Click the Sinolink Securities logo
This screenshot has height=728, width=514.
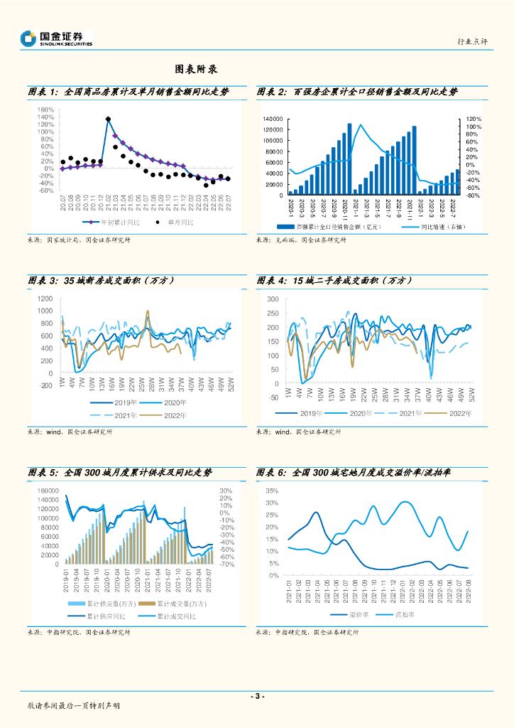57,39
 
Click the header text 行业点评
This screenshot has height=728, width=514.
474,43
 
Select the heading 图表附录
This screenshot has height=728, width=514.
196,70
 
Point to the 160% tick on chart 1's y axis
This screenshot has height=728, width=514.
46,109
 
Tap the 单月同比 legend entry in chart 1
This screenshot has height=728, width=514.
177,223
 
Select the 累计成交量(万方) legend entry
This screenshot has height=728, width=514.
180,604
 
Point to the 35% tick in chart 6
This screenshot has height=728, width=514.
271,491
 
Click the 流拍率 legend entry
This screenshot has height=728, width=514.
405,614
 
